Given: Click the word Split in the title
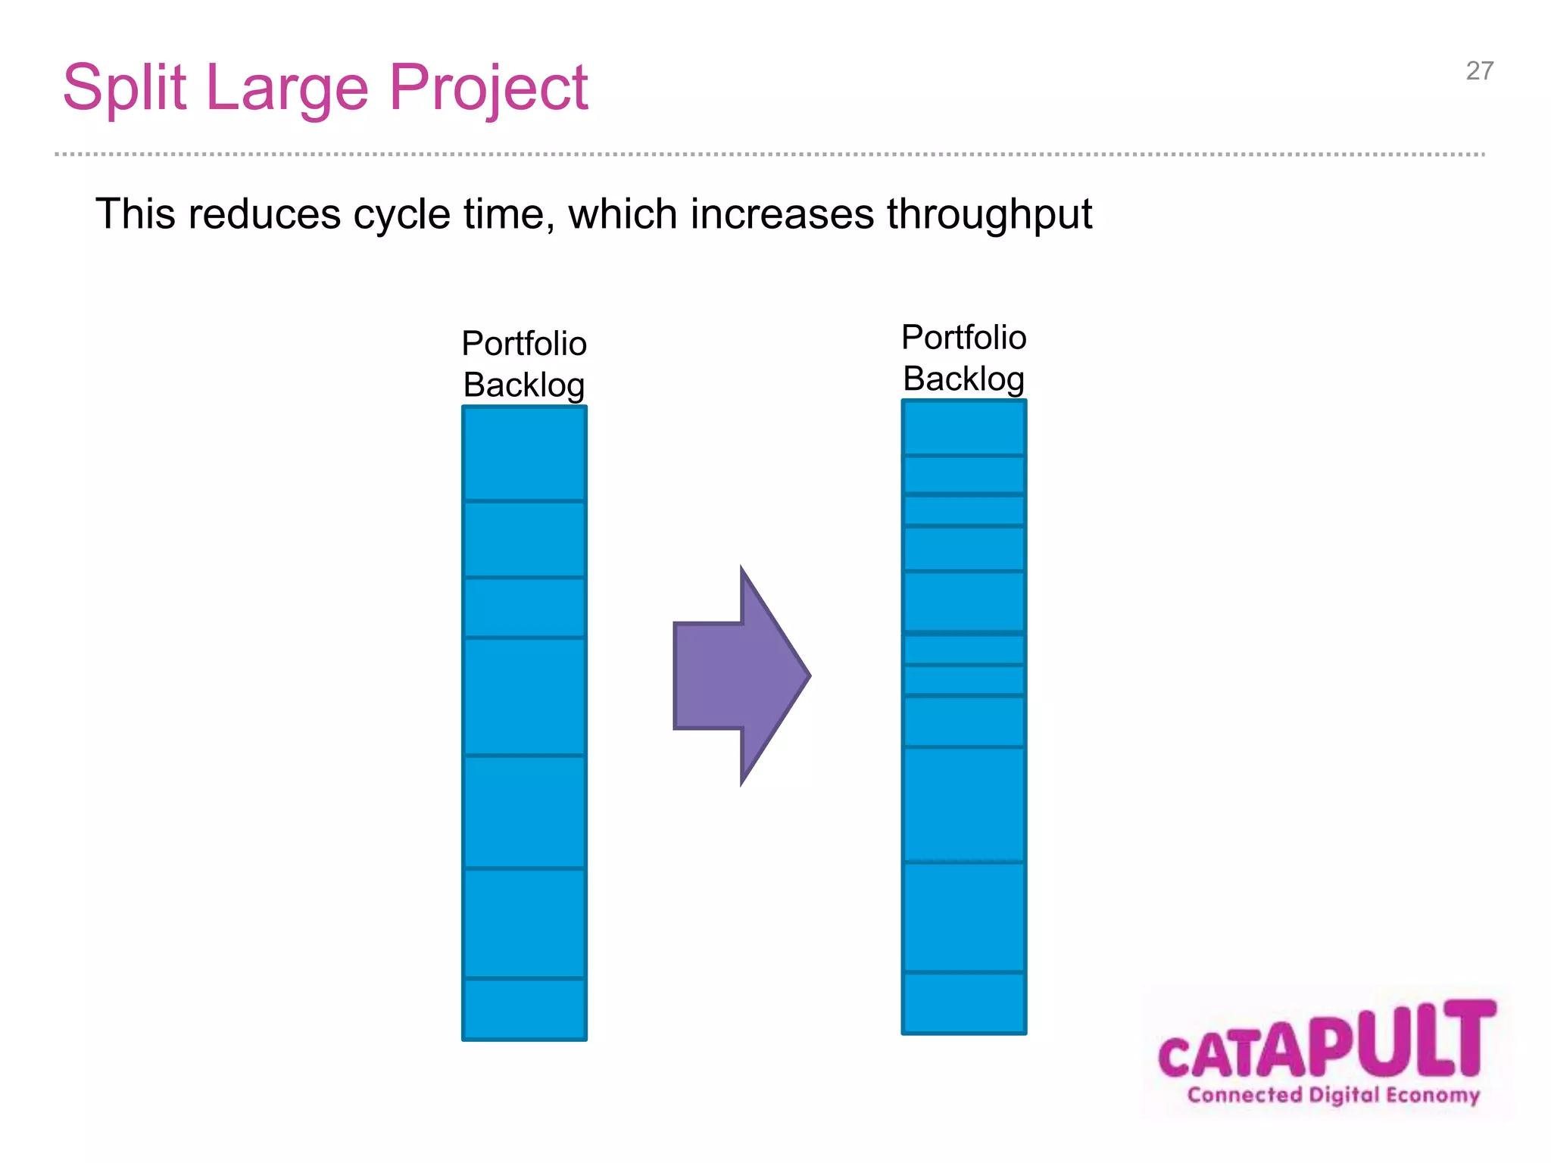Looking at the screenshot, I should (x=124, y=89).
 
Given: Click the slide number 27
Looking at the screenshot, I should (x=1479, y=71).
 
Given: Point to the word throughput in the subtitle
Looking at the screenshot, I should (x=989, y=215).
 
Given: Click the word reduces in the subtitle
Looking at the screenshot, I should (x=264, y=214).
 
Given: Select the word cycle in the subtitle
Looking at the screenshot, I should (x=402, y=215).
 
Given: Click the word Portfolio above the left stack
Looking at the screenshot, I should (x=524, y=344).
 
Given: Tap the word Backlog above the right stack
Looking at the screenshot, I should (x=963, y=379).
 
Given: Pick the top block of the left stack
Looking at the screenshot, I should (x=524, y=454).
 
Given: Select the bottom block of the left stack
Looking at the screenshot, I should (x=524, y=1009).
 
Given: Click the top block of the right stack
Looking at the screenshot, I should (x=963, y=428).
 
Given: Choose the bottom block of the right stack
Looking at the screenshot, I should (x=963, y=1002).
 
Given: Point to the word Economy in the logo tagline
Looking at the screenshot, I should (x=1433, y=1096).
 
